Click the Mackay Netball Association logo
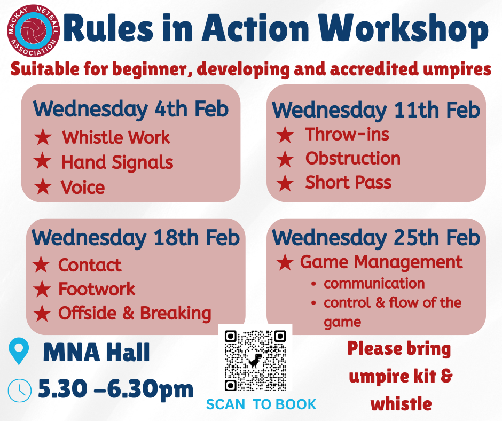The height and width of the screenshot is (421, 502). pyautogui.click(x=33, y=31)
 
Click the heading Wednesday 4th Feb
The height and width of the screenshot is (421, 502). pyautogui.click(x=131, y=110)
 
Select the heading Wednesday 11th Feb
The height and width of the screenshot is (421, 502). pyautogui.click(x=376, y=111)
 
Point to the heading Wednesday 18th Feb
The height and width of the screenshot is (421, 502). pyautogui.click(x=136, y=238)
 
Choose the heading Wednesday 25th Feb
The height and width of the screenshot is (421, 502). pyautogui.click(x=376, y=238)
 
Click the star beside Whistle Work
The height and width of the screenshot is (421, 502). pyautogui.click(x=43, y=137)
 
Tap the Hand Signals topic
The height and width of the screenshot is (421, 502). pyautogui.click(x=117, y=162)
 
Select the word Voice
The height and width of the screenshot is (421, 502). pyautogui.click(x=83, y=187)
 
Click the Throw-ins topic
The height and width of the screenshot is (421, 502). pyautogui.click(x=347, y=134)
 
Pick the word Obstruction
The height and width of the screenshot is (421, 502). pyautogui.click(x=353, y=158)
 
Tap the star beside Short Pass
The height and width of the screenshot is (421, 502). pyautogui.click(x=285, y=183)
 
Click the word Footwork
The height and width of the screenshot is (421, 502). pyautogui.click(x=97, y=289)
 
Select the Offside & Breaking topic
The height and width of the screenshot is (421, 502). pyautogui.click(x=135, y=314)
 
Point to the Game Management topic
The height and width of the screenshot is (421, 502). pyautogui.click(x=381, y=262)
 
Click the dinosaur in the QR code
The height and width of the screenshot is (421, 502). pyautogui.click(x=255, y=361)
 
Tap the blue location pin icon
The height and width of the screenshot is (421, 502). pyautogui.click(x=19, y=351)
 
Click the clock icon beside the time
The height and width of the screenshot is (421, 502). pyautogui.click(x=20, y=390)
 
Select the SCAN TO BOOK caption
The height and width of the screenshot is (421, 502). pyautogui.click(x=261, y=404)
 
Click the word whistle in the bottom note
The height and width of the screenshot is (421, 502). pyautogui.click(x=401, y=404)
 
